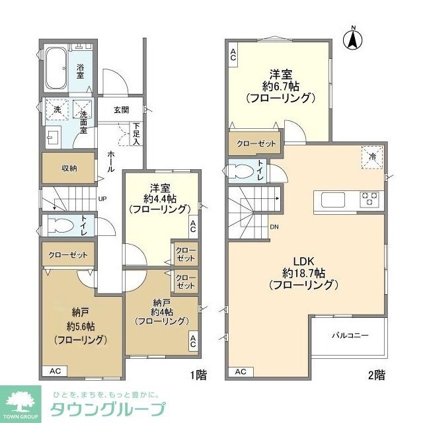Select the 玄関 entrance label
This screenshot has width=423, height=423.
pyautogui.click(x=121, y=110)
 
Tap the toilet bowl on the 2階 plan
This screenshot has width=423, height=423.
pyautogui.click(x=239, y=171)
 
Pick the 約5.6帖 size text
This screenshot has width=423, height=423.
pyautogui.click(x=82, y=326)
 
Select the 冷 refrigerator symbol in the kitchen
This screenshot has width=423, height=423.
pyautogui.click(x=373, y=157)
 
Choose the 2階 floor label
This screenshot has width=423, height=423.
pyautogui.click(x=376, y=375)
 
